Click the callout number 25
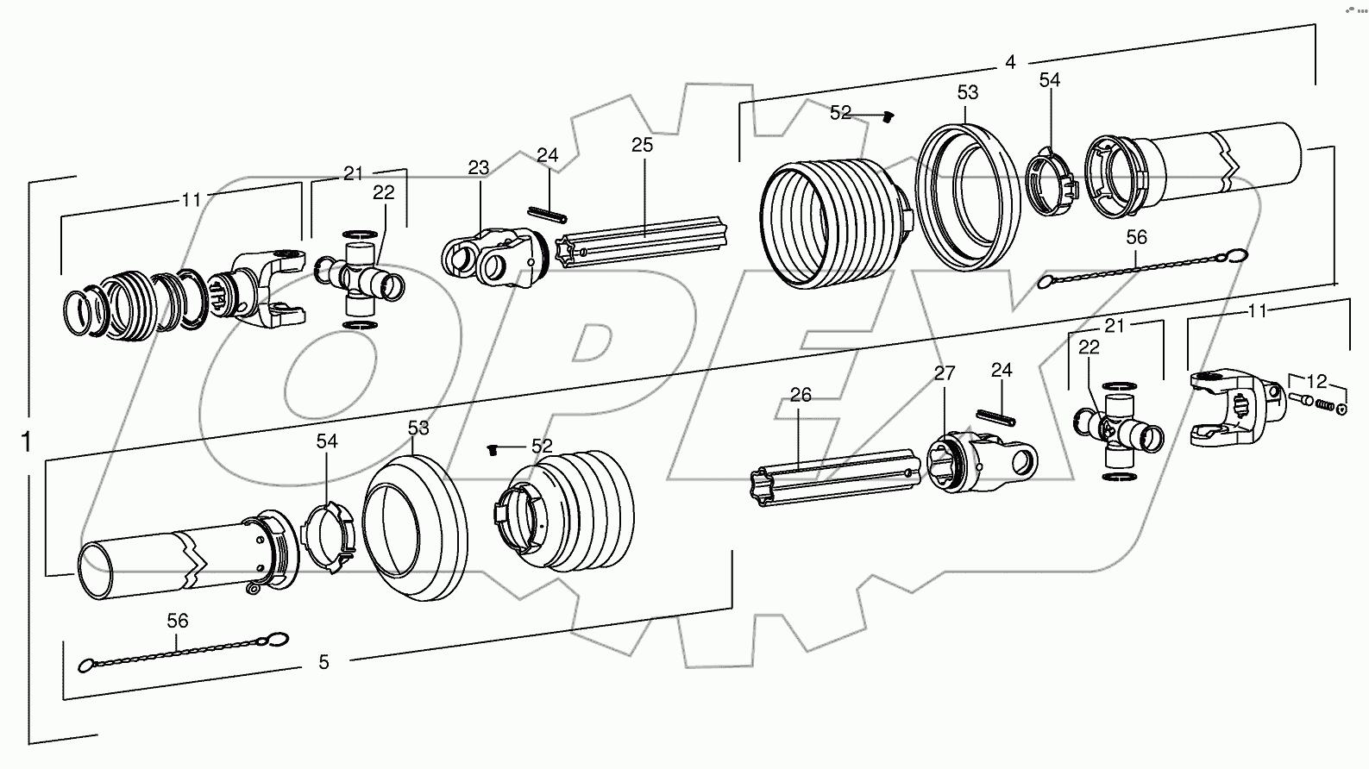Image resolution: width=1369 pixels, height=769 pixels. (642, 145)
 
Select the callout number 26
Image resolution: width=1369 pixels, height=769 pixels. (801, 395)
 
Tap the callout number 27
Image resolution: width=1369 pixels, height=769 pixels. (945, 373)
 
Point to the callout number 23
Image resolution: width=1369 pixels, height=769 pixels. (479, 167)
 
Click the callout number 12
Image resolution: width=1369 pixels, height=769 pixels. (1316, 380)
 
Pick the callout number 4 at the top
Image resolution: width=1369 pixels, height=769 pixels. (1010, 62)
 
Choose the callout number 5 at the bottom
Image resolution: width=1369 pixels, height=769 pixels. (323, 662)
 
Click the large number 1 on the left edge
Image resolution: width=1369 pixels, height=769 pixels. (27, 442)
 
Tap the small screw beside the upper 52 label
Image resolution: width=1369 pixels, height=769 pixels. (890, 117)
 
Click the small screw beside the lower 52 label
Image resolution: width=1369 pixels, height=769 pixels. (493, 448)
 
